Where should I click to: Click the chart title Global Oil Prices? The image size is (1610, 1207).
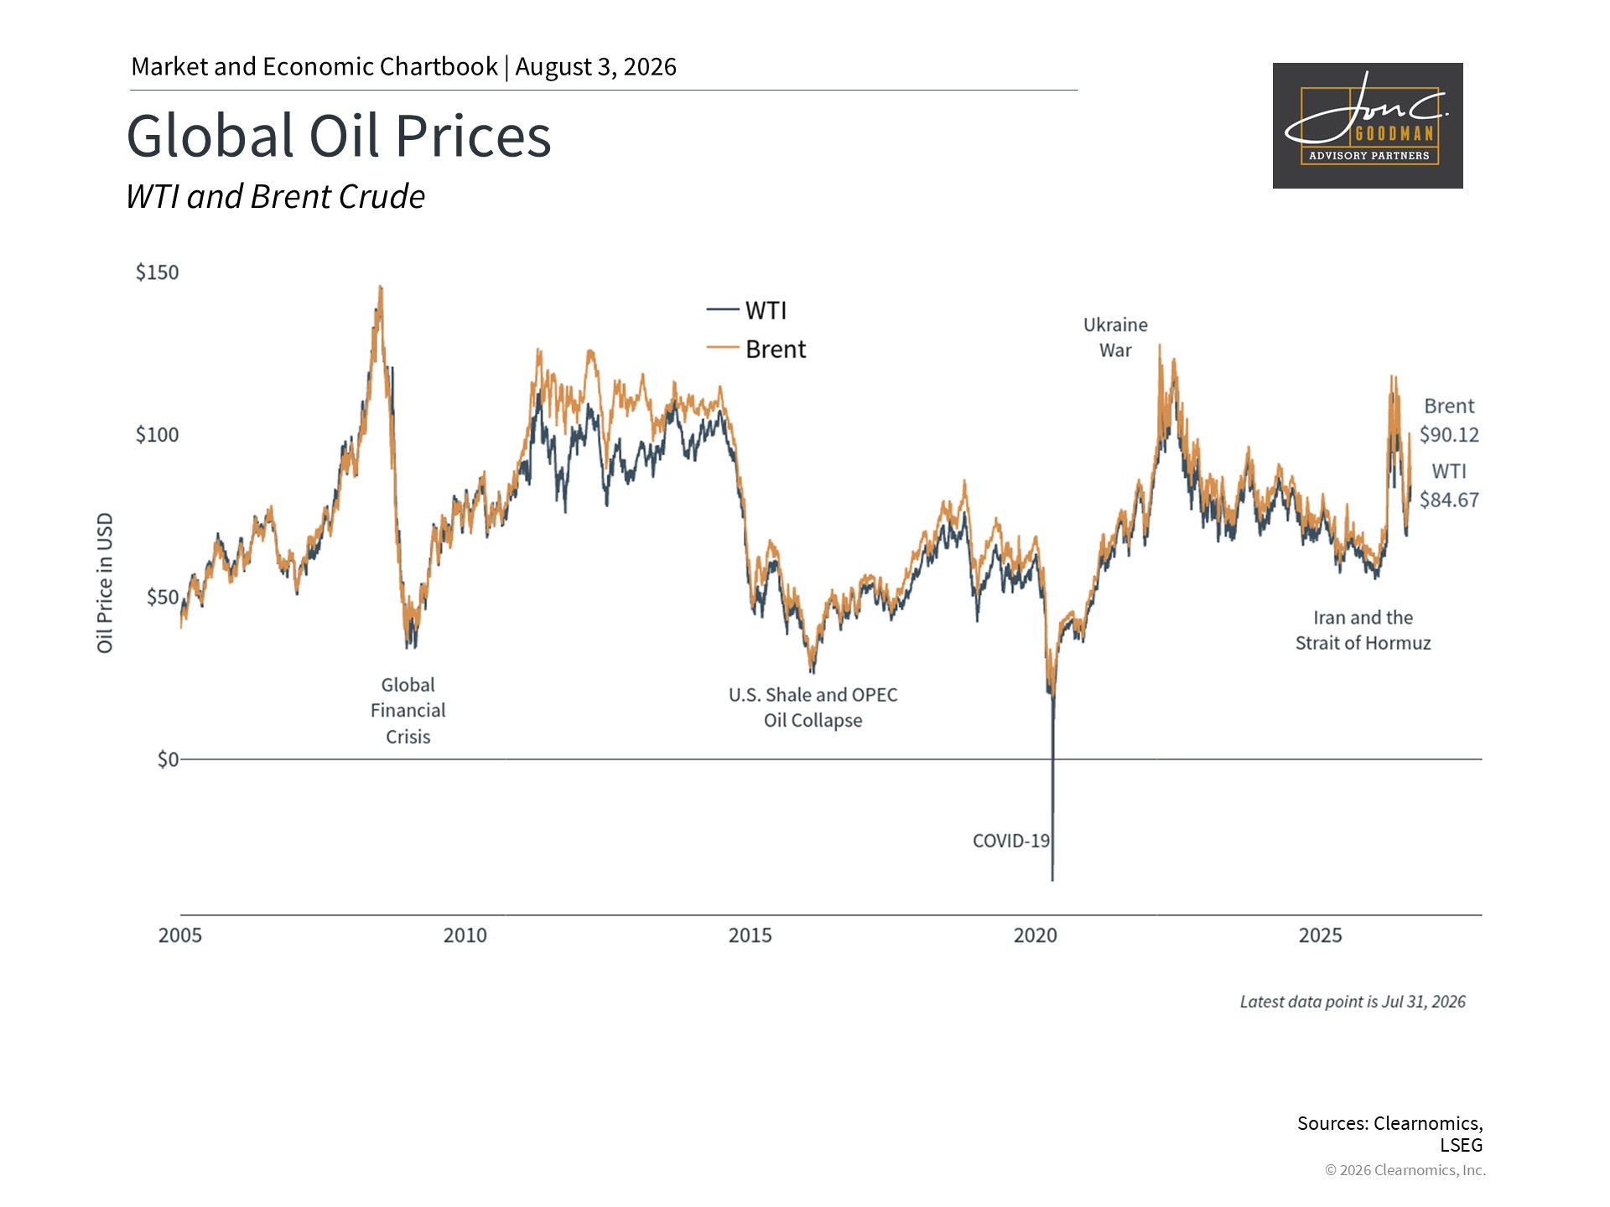[x=339, y=136]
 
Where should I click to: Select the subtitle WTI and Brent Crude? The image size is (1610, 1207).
[x=275, y=197]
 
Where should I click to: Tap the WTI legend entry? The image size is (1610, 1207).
[x=746, y=310]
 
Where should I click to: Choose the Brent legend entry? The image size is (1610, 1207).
[x=756, y=349]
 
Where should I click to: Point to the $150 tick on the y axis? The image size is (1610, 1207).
[x=158, y=272]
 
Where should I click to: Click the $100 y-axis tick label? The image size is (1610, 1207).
[x=158, y=435]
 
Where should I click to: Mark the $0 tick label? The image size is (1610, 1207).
[x=168, y=759]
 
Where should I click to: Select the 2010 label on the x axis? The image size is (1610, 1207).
[x=465, y=935]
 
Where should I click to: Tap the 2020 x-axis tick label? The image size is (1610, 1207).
[x=1036, y=935]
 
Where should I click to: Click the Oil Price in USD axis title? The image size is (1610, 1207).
[x=105, y=583]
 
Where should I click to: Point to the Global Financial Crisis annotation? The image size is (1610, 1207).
[x=408, y=711]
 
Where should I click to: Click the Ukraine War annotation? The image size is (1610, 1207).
[x=1115, y=338]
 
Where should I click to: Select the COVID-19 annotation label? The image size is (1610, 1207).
[x=1011, y=841]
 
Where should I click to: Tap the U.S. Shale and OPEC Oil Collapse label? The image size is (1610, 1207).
[x=813, y=707]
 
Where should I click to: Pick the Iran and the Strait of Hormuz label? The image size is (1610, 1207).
[x=1363, y=630]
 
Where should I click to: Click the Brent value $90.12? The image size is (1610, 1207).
[x=1449, y=435]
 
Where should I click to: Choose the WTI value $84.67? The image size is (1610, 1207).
[x=1449, y=500]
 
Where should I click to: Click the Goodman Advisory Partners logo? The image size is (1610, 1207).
[x=1368, y=126]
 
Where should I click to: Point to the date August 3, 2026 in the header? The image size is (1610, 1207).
[x=596, y=67]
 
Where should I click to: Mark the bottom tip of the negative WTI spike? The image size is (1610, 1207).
[x=1052, y=880]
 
